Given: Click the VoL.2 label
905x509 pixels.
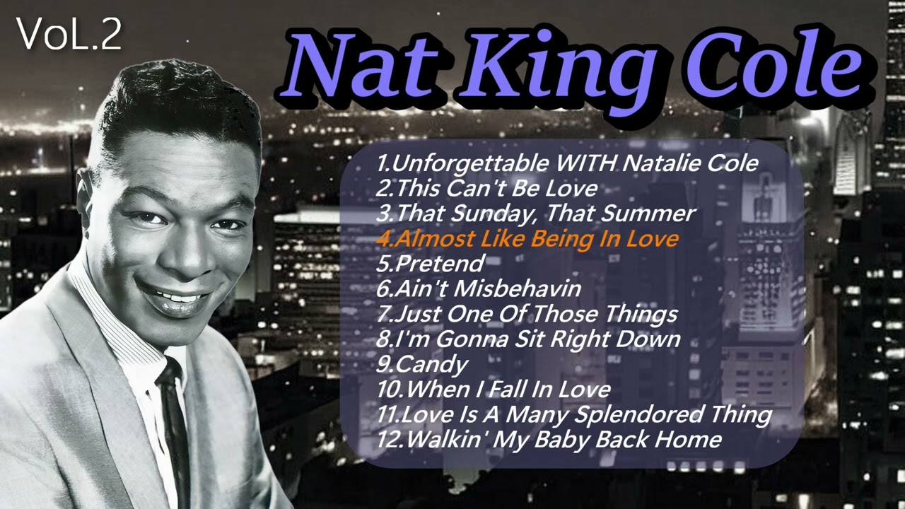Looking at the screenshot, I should pos(69,35).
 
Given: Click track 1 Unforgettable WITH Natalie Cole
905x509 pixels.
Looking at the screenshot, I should pos(567,163).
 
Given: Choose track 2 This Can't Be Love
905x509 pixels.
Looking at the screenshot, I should pos(487,189).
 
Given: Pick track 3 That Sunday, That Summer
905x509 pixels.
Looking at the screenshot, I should pos(536,213).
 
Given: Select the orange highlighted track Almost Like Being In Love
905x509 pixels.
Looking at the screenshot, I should pos(527,238).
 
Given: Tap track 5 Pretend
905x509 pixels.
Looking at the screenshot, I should pos(431,264).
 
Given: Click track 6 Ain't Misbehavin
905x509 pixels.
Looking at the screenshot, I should pos(479,288).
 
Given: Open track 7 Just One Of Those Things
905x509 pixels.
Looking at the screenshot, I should pos(527,313).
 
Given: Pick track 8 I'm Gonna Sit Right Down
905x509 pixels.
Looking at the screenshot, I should pos(528,339).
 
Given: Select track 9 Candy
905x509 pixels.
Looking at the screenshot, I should pos(422,364).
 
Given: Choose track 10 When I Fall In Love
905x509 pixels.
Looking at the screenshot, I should pos(493,389).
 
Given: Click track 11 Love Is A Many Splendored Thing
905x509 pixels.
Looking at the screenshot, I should pos(573,414).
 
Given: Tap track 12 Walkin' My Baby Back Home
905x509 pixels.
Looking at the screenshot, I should pos(549,439).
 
